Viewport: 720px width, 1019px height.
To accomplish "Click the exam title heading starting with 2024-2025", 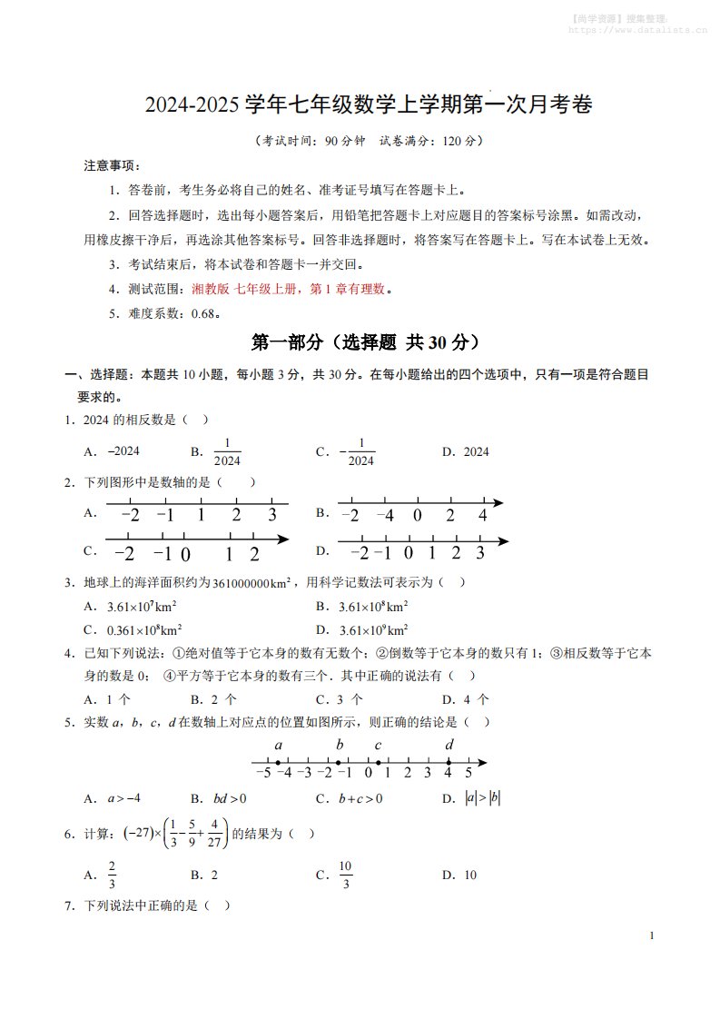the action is (369, 105).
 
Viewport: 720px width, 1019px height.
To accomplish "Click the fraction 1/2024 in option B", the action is (227, 451).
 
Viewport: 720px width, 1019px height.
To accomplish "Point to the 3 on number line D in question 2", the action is (479, 552).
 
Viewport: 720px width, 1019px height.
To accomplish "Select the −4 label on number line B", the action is (385, 515).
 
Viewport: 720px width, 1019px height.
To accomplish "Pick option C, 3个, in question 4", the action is (350, 699).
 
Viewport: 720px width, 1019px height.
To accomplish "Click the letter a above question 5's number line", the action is (278, 746).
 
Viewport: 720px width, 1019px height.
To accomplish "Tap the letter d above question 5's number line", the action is (449, 746).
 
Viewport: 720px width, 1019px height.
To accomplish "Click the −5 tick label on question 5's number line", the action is (263, 773).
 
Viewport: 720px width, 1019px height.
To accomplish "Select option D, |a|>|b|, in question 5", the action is (482, 798).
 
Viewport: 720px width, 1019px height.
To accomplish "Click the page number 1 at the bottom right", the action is (652, 935).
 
